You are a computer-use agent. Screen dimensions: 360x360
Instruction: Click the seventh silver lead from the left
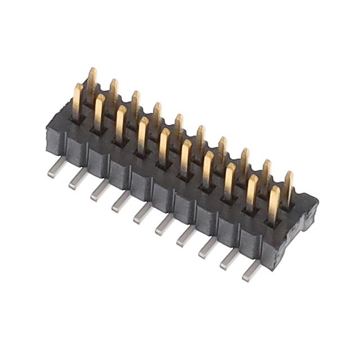(186, 237)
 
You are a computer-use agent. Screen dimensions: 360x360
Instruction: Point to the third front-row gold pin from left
(121, 121)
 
